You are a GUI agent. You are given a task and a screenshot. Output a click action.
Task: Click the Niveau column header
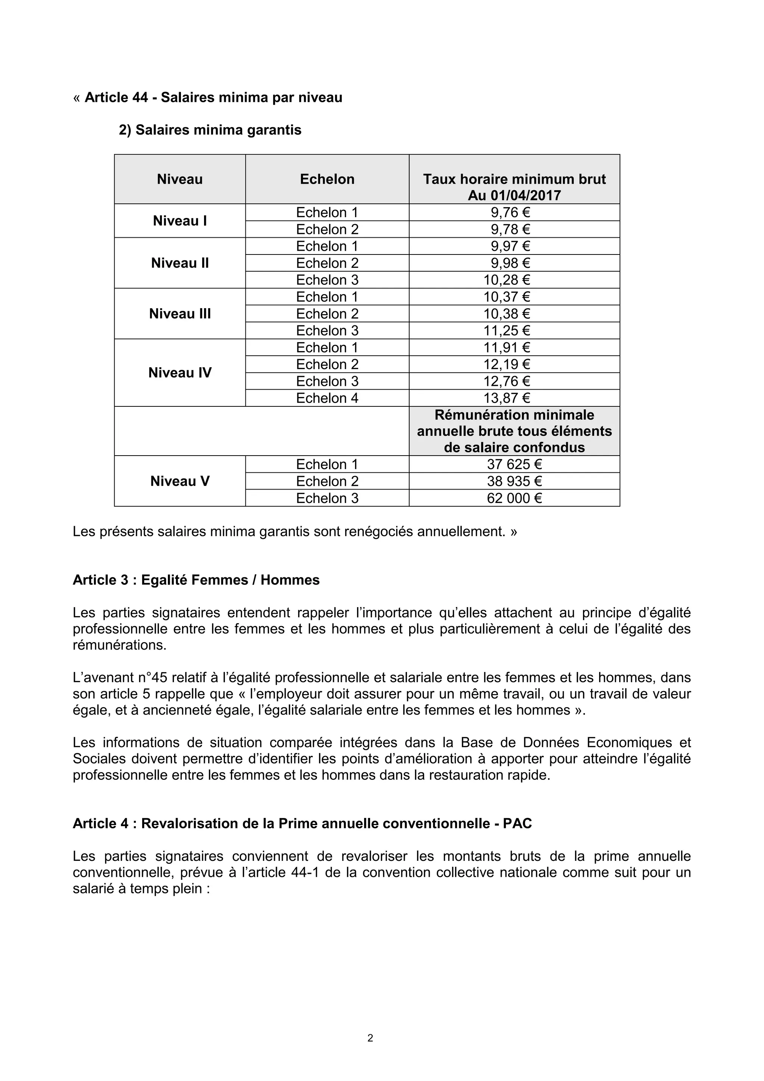[180, 179]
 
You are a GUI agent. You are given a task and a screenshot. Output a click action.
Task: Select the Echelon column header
[327, 179]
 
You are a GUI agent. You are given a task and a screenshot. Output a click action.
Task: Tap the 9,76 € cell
[510, 213]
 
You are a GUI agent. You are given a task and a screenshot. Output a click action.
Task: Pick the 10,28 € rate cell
[507, 280]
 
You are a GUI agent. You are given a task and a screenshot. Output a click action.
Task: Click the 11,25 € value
[507, 331]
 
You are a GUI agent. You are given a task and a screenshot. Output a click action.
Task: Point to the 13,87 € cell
[507, 398]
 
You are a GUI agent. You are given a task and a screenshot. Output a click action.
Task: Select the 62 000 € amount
[514, 498]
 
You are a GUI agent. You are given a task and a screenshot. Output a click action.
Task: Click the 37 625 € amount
[514, 465]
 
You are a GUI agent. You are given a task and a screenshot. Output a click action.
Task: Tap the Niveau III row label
[180, 314]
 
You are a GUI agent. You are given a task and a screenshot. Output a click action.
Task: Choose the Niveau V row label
[180, 481]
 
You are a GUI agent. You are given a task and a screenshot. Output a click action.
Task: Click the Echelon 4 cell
[327, 398]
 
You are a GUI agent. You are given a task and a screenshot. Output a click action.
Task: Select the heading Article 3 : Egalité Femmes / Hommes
[196, 580]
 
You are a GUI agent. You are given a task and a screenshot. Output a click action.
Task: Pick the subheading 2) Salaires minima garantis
[210, 130]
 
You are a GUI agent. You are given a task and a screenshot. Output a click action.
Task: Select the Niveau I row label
[180, 221]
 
